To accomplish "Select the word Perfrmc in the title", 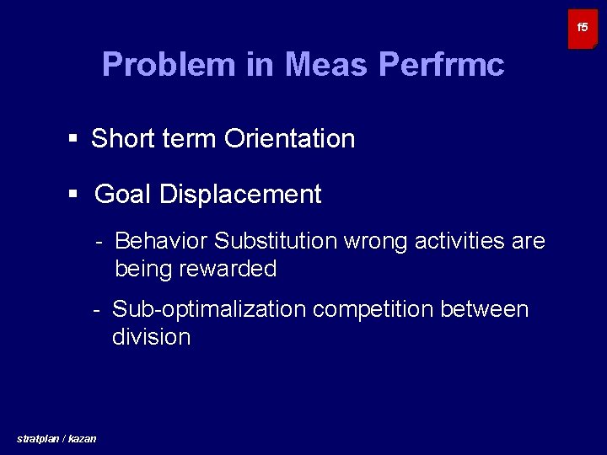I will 442,65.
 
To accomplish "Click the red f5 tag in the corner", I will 582,29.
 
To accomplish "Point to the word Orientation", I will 289,138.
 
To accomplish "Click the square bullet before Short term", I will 73,138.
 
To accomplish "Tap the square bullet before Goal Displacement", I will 73,194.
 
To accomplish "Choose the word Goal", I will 123,195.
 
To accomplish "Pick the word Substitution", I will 276,241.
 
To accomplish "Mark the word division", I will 151,337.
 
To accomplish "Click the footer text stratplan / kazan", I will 56,438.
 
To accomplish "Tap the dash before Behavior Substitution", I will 99,241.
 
